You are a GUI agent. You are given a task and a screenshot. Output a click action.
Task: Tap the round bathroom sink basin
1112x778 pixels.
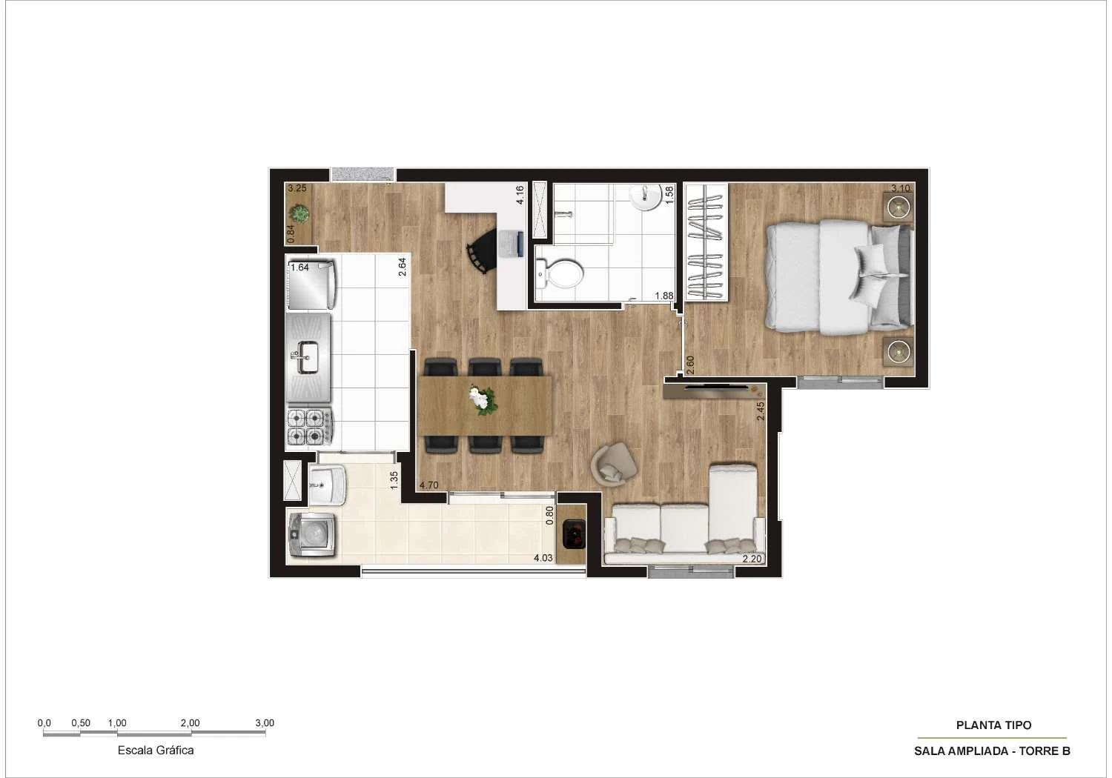pos(646,196)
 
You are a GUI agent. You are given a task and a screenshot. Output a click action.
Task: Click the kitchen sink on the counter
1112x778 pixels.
pos(306,358)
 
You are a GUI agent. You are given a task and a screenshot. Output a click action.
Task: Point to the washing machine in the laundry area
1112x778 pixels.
pos(312,534)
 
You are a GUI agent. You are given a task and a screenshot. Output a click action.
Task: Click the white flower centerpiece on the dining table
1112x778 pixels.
pos(483,400)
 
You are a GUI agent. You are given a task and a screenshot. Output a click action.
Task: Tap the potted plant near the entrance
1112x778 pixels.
pos(300,215)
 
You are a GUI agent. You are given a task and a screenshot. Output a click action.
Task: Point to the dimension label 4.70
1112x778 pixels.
pos(429,485)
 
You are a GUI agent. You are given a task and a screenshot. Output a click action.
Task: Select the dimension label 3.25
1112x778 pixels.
pos(297,188)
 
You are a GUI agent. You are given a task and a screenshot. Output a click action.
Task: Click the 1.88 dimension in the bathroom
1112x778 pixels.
pos(663,296)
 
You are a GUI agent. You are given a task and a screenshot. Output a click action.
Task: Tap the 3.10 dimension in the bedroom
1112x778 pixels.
pos(900,188)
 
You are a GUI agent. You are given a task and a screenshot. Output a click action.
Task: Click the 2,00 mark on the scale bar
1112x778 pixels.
pos(190,723)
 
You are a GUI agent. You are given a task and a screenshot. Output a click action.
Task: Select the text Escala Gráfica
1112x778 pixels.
pos(156,750)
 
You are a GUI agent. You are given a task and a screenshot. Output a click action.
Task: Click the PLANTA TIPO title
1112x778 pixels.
pos(993,725)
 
